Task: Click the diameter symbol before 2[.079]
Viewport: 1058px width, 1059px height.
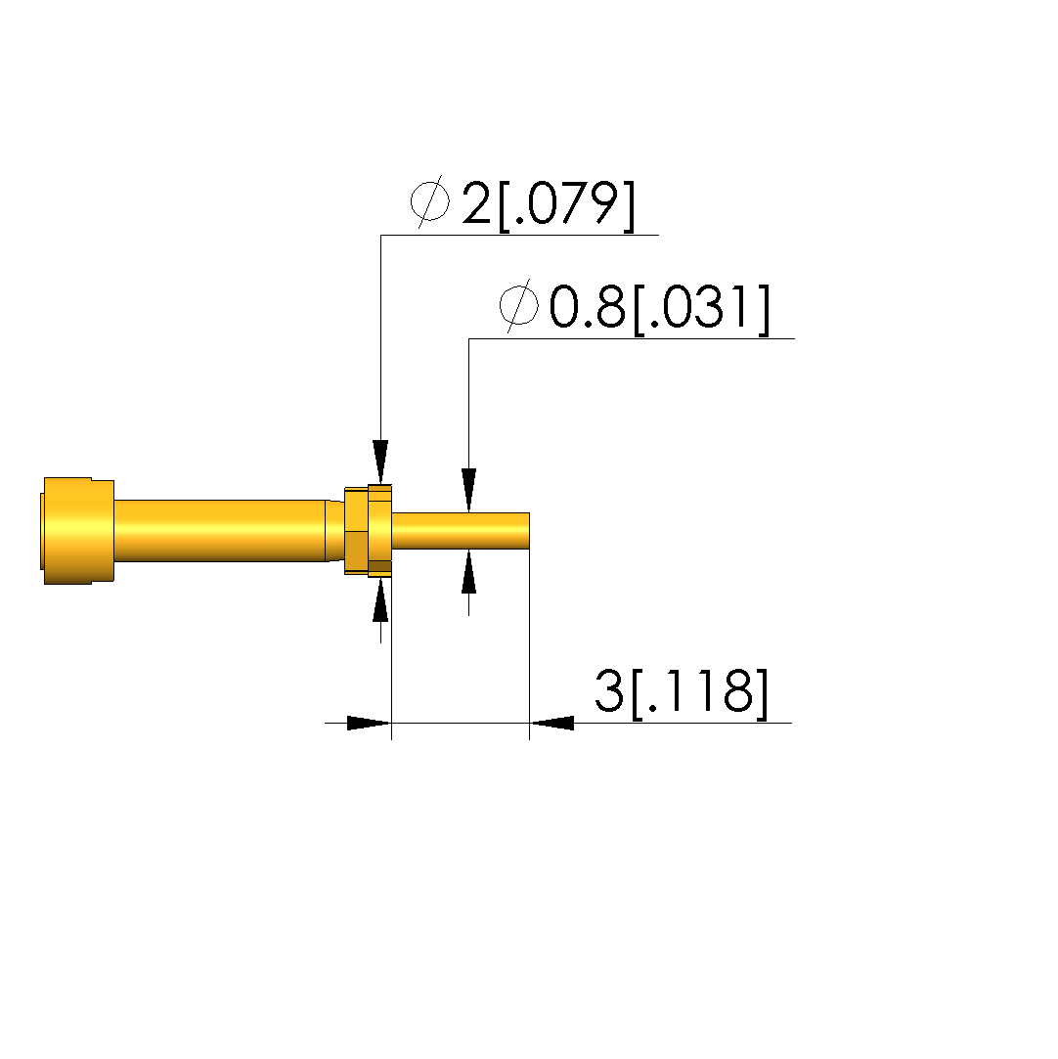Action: tap(430, 201)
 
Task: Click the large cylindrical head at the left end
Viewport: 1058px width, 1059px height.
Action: tap(77, 531)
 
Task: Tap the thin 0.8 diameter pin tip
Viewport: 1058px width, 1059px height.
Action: tap(462, 531)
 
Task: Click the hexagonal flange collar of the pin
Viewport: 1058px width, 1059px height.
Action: tap(369, 531)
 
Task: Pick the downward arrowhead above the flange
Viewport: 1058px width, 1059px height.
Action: tap(380, 462)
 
